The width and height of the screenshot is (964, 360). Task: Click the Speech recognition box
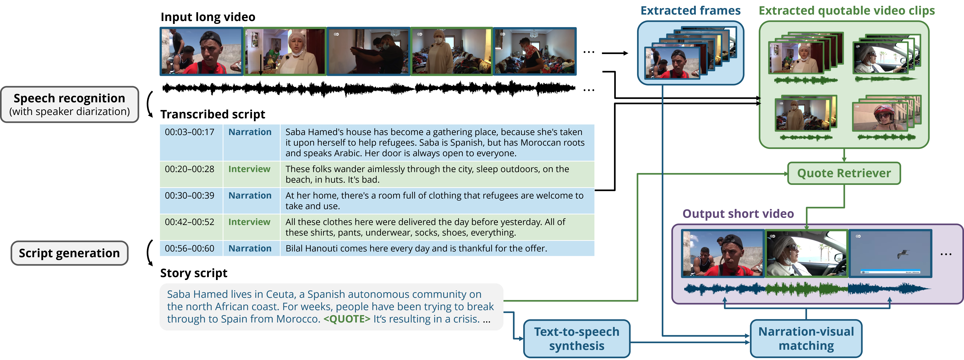point(70,104)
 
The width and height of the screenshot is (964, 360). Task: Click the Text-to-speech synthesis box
point(577,339)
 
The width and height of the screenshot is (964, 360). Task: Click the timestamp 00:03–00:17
point(190,132)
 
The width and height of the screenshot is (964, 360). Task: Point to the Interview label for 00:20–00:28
point(249,169)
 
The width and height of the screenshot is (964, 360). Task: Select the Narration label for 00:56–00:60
point(250,249)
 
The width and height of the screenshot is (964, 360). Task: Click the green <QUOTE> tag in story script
point(347,319)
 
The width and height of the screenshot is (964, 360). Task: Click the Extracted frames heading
point(690,10)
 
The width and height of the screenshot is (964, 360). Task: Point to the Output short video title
point(738,214)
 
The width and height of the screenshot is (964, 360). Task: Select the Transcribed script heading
point(213,114)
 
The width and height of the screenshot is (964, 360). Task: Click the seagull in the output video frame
point(903,254)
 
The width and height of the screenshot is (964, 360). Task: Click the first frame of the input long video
point(201,51)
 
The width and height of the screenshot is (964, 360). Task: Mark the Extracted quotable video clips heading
point(846,10)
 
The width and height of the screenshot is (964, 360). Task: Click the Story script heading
point(194,273)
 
